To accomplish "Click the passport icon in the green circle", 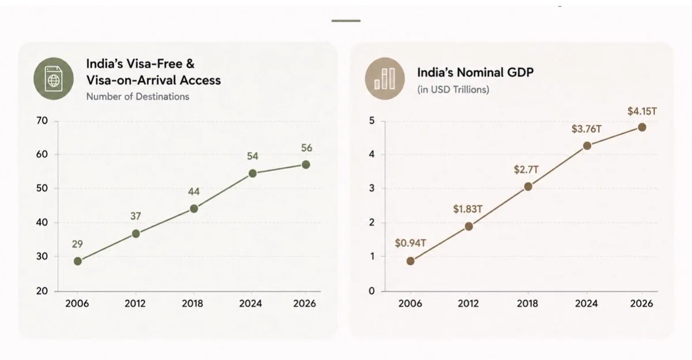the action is pos(54,79).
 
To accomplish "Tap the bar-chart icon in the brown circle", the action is pos(385,78).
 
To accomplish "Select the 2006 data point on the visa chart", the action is pos(78,261).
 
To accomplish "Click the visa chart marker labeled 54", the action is pos(253,173).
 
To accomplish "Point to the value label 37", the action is pos(136,216).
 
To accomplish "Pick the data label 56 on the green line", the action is pos(306,148).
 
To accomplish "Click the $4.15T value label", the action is pos(642,111).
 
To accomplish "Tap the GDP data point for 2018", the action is pos(528,186).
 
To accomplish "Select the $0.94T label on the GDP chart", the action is pos(410,243).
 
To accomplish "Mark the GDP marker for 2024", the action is pos(587,145).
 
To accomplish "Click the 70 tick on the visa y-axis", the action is pos(42,121).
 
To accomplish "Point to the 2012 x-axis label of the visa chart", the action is pos(135,303).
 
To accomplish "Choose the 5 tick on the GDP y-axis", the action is pos(371,121).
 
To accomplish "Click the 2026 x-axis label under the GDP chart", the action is pos(641,303).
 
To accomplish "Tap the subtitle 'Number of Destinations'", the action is pos(138,97).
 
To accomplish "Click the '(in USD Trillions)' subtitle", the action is pos(453,89).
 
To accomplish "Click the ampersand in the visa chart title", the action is pos(190,63).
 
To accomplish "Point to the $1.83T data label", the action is pos(468,209).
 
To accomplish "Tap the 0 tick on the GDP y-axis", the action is pos(371,291).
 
